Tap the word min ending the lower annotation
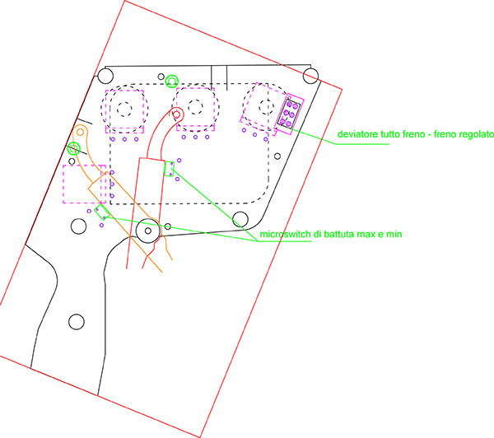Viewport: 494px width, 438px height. pos(394,234)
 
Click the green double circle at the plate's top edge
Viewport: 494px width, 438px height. pos(172,82)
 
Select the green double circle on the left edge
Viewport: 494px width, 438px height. pos(74,148)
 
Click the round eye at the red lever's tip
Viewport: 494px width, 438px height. pos(177,114)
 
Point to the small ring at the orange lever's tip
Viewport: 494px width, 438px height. pos(81,132)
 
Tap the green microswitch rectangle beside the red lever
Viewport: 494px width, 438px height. pos(170,169)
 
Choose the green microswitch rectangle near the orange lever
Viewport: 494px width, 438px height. pos(102,212)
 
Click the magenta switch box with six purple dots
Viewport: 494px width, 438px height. pos(289,114)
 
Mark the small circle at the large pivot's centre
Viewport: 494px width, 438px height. pos(147,231)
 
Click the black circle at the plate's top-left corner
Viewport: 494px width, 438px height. pos(105,76)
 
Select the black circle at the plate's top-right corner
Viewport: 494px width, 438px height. pos(310,76)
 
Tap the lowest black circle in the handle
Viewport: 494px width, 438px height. pos(77,322)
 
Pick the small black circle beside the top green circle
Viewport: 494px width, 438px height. pos(161,77)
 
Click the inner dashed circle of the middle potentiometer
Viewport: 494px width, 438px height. pos(195,108)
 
